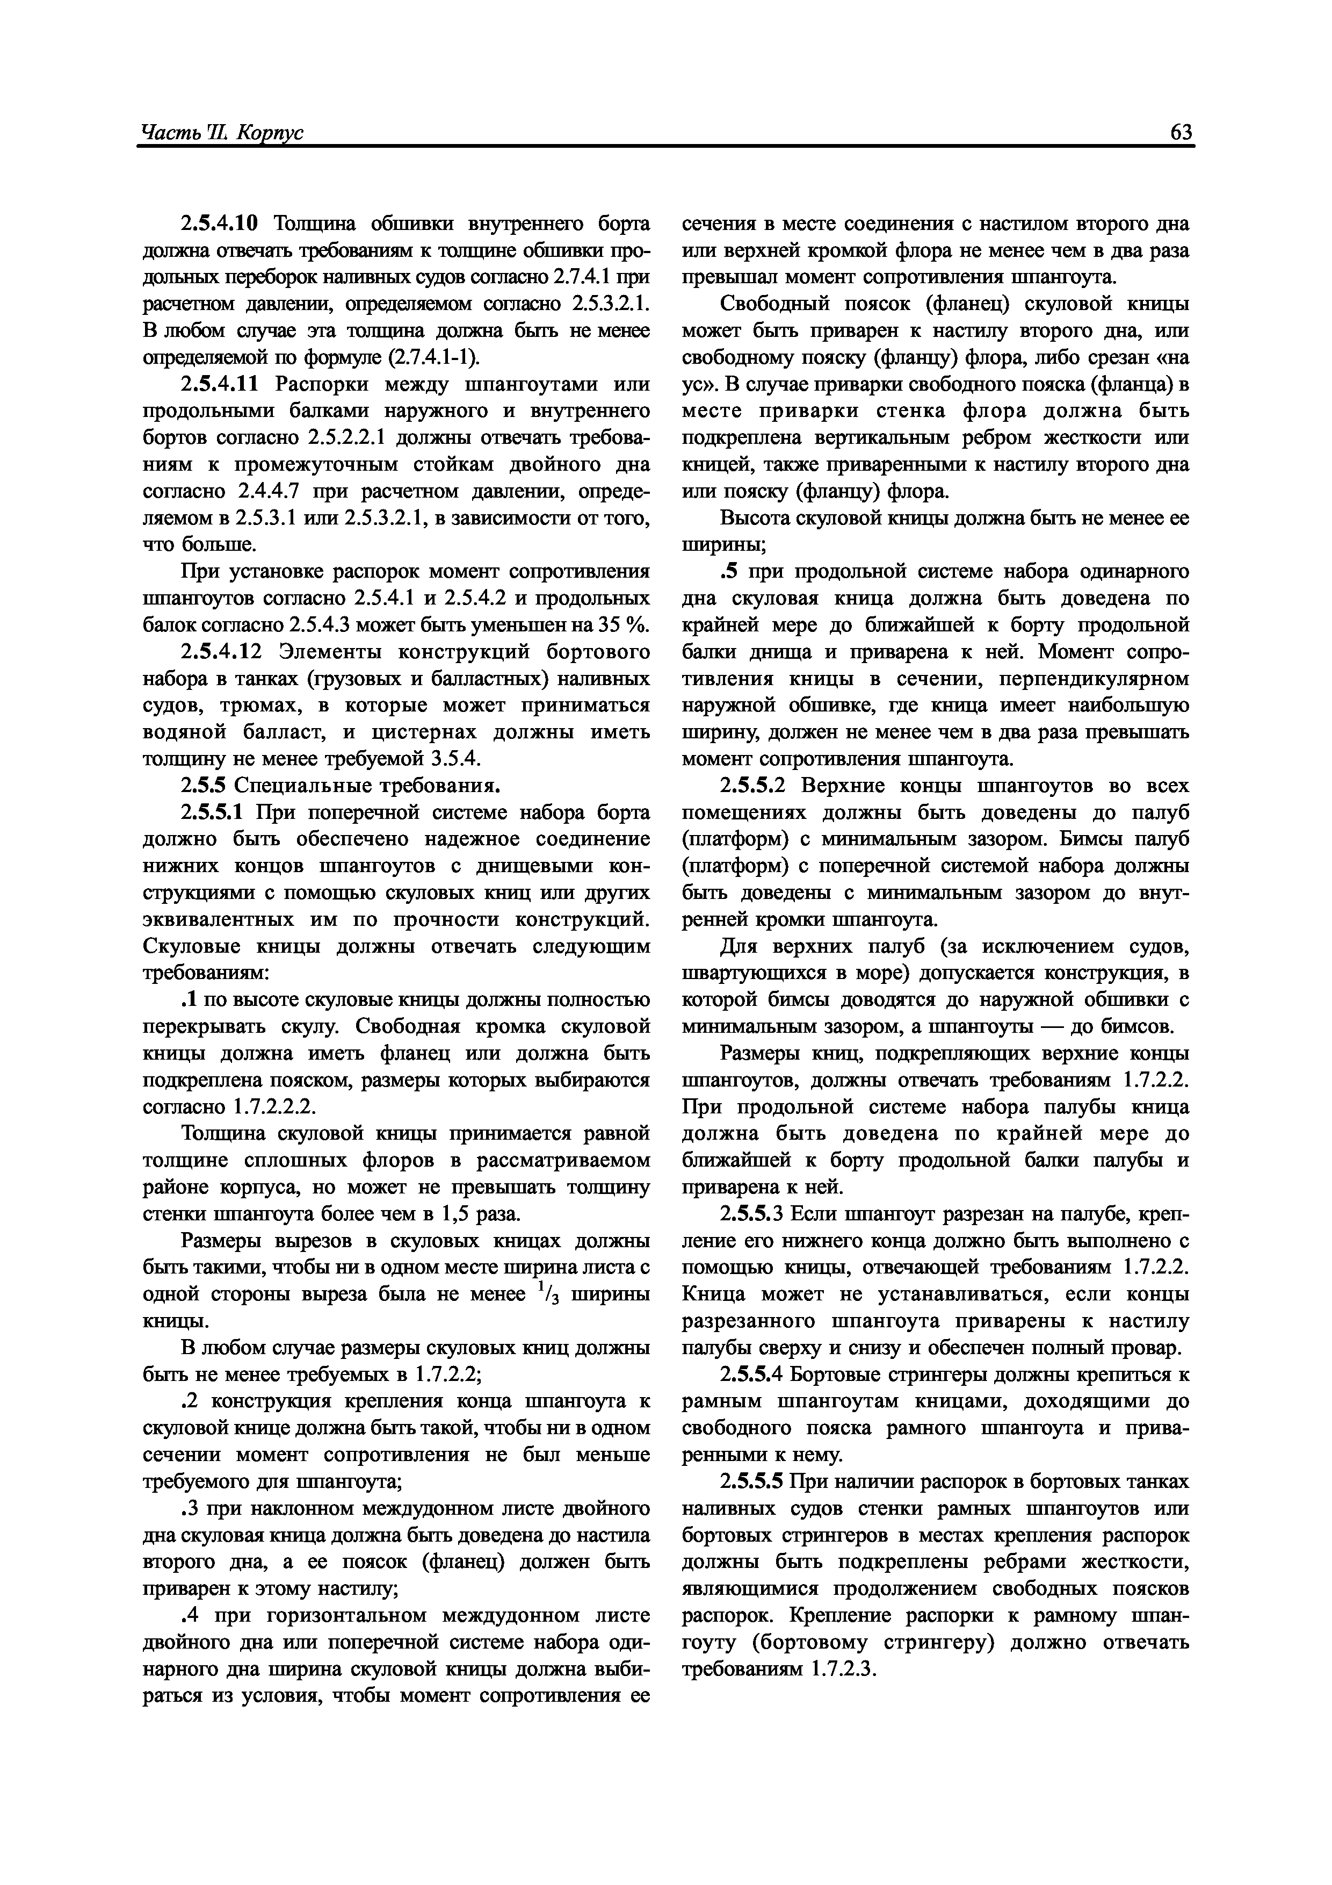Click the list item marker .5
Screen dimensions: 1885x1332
pos(729,571)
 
